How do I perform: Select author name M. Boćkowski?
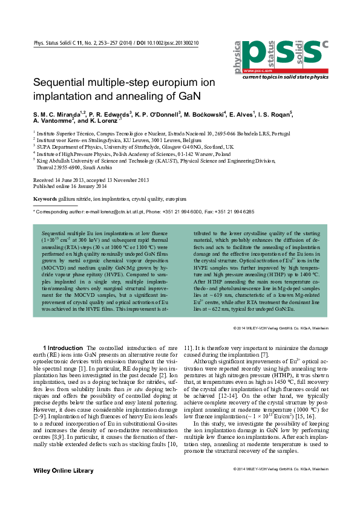tap(221, 114)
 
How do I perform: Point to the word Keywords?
tap(45, 199)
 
